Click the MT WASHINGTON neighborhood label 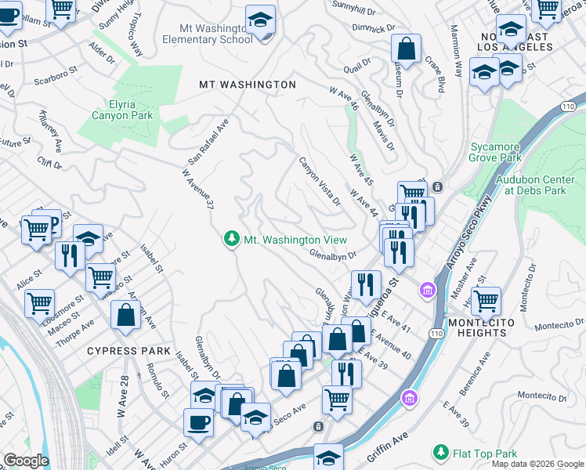click(x=247, y=85)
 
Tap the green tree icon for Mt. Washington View click(x=231, y=239)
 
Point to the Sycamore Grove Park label click(x=495, y=152)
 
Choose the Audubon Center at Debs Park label click(x=541, y=184)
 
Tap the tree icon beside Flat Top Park click(x=441, y=453)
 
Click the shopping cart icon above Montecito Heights click(x=486, y=299)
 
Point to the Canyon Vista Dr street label click(x=319, y=181)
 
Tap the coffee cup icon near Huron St click(x=197, y=422)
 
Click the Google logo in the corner click(x=27, y=461)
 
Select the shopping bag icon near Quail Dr click(x=407, y=49)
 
